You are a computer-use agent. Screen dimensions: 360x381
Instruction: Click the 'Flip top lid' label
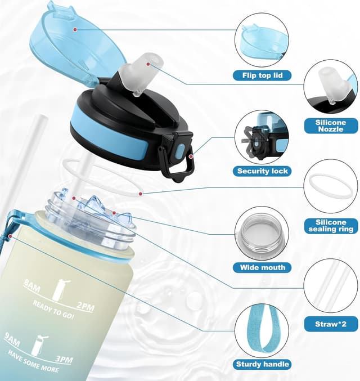(262, 75)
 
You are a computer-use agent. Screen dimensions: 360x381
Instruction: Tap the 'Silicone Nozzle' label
(331, 125)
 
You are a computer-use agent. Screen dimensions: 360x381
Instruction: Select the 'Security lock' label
(262, 171)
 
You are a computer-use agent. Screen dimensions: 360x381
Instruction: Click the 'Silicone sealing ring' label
(331, 226)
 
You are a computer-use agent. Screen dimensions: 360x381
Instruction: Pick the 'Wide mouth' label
(262, 267)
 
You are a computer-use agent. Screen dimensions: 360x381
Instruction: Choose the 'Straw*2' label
(331, 324)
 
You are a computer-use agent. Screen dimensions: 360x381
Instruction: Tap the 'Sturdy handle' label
(262, 364)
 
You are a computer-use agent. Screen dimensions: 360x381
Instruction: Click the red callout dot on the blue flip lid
(75, 30)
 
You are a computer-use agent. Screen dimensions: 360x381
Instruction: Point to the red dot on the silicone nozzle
(148, 64)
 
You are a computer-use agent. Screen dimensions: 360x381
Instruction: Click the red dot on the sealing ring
(140, 194)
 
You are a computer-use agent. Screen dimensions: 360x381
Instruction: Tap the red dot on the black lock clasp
(191, 156)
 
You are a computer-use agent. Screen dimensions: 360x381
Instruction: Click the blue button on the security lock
(181, 151)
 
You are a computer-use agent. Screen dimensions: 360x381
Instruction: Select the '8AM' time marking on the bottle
(32, 285)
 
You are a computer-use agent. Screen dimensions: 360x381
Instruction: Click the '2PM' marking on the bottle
(85, 307)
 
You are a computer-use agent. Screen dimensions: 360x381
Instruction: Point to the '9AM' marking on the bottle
(12, 339)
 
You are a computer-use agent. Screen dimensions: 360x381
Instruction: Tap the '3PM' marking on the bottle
(64, 359)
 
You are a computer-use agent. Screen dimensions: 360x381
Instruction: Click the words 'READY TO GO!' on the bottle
(53, 310)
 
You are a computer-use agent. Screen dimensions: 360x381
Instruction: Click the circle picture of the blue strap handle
(262, 331)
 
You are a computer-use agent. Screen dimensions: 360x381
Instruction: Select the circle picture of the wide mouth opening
(262, 234)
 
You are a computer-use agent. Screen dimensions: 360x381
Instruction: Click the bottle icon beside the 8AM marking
(60, 290)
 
